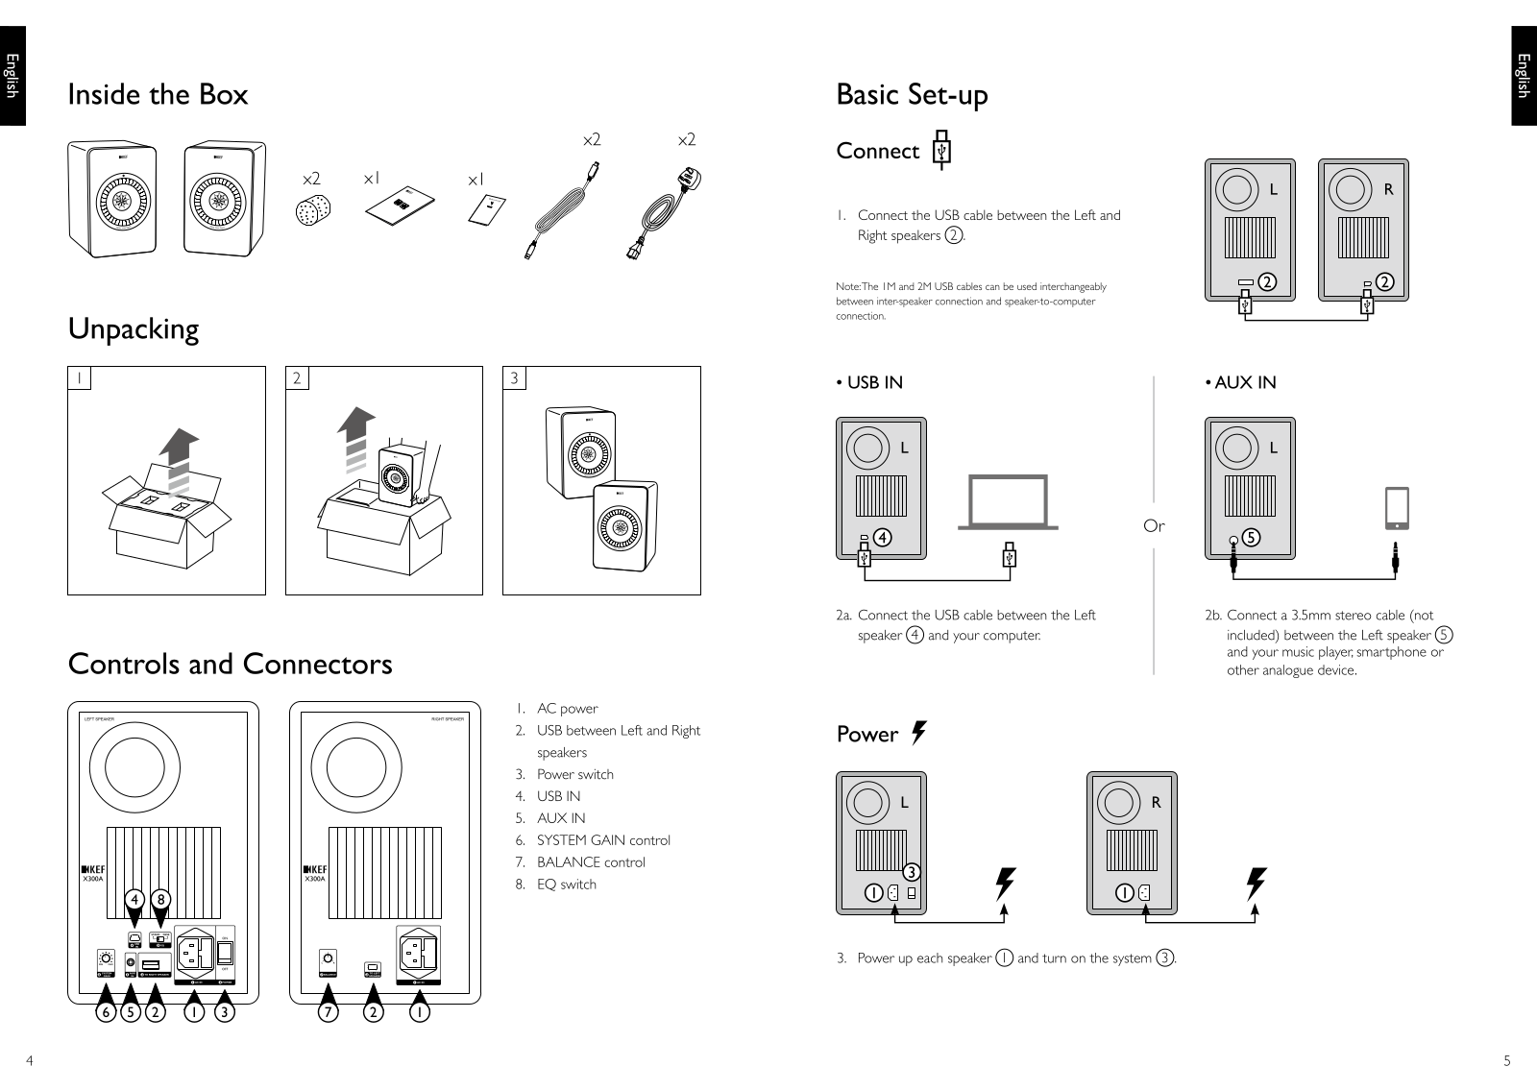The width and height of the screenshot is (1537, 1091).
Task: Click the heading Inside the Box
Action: point(158,94)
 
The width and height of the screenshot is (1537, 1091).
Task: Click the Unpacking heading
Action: point(133,328)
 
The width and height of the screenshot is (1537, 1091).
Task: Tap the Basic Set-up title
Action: point(912,94)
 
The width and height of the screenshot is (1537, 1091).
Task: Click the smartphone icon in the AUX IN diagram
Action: point(1396,508)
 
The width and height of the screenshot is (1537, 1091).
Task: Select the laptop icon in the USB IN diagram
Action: point(1008,502)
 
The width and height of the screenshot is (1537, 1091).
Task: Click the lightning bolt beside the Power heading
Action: point(919,733)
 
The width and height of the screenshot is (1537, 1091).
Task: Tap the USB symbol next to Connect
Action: point(942,151)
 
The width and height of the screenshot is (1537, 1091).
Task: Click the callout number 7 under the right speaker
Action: point(329,1012)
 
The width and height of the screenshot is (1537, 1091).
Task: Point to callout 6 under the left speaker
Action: point(107,1012)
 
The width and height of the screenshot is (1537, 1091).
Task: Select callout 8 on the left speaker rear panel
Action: point(161,899)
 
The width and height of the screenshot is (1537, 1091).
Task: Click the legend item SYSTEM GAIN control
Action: point(603,840)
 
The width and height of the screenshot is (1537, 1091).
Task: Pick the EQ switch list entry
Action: point(566,885)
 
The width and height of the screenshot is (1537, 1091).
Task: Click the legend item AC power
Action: point(567,709)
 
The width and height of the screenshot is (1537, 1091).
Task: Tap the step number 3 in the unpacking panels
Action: point(514,378)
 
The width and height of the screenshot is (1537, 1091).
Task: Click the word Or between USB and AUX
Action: point(1154,525)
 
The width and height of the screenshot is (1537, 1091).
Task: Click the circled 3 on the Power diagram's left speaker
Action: point(911,872)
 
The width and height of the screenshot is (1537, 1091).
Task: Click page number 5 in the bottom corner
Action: point(1507,1061)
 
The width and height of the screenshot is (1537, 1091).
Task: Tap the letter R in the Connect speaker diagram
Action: point(1388,190)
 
